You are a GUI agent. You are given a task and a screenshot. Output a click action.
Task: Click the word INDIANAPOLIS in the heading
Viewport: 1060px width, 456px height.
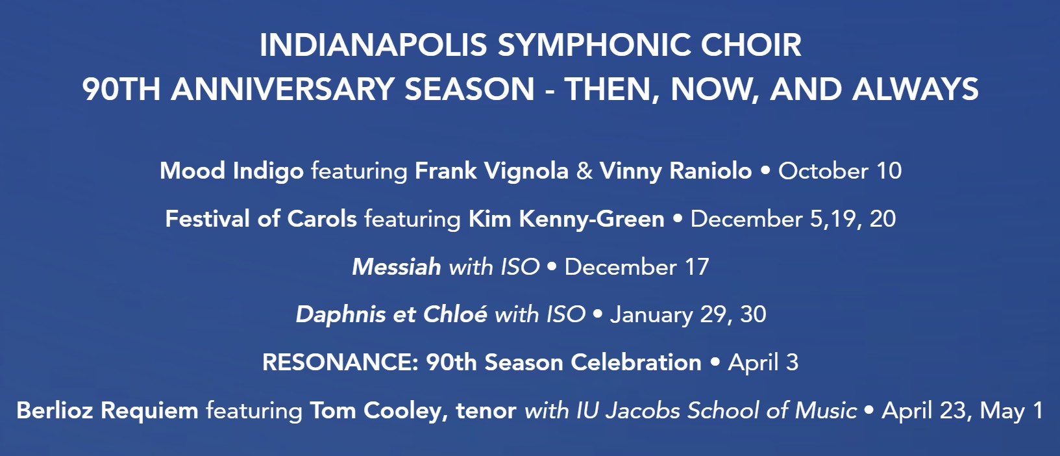click(373, 45)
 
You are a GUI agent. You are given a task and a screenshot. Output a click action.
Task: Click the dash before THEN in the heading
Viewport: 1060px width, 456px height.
click(549, 91)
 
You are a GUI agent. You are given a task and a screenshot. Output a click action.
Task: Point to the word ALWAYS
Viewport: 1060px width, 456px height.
click(915, 90)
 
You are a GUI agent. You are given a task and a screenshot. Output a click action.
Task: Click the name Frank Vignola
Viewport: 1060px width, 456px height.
click(491, 171)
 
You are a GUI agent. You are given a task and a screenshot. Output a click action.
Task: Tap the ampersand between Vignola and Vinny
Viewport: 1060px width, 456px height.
click(584, 171)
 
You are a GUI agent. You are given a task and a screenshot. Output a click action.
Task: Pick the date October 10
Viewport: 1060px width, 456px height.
click(840, 171)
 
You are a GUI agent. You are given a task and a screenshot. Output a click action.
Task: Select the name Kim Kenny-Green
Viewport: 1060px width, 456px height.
click(567, 220)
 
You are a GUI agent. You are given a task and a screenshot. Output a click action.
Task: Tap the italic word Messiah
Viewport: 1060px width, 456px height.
click(397, 267)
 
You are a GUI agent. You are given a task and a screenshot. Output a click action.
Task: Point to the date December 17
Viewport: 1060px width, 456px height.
click(637, 267)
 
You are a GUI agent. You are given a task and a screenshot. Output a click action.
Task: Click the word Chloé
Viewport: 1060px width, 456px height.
click(455, 314)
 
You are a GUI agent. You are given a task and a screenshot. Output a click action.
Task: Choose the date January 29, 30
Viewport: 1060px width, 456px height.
click(688, 315)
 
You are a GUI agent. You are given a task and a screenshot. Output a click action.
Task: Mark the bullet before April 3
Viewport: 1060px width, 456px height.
click(715, 362)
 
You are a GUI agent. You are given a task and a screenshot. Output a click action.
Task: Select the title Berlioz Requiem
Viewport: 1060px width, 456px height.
click(107, 411)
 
